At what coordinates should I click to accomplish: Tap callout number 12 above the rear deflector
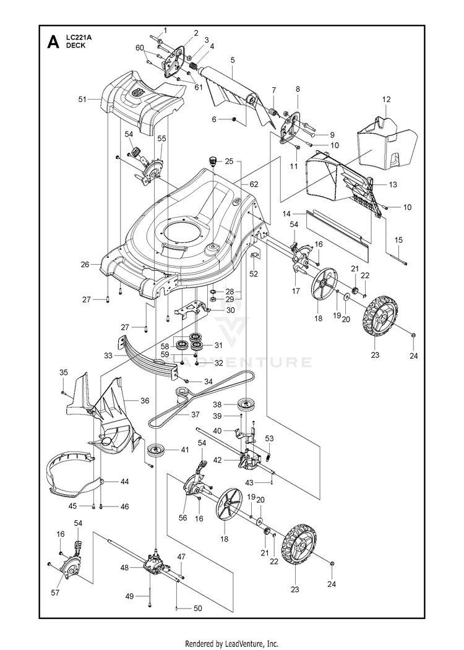point(386,100)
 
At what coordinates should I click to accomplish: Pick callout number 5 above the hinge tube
point(232,60)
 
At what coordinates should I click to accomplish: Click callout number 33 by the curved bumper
point(108,356)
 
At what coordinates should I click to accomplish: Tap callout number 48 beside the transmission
point(124,567)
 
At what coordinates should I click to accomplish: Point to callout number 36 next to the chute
point(145,401)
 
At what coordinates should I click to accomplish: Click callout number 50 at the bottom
point(197,609)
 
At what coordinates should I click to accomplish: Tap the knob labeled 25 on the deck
point(213,162)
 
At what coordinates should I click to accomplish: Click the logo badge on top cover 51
point(137,94)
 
